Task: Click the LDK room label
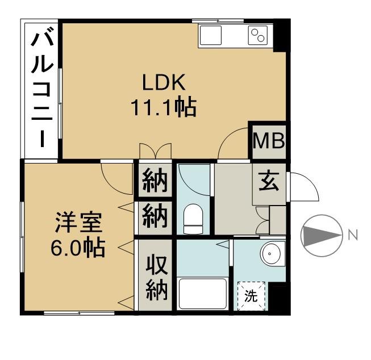(163, 83)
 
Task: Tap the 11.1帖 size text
(163, 107)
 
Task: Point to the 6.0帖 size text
(78, 248)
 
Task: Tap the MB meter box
(268, 140)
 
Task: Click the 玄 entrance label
(268, 182)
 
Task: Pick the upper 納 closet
(155, 181)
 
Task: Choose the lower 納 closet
(155, 216)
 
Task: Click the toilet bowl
(193, 219)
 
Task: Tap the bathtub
(203, 293)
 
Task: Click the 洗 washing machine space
(251, 295)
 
